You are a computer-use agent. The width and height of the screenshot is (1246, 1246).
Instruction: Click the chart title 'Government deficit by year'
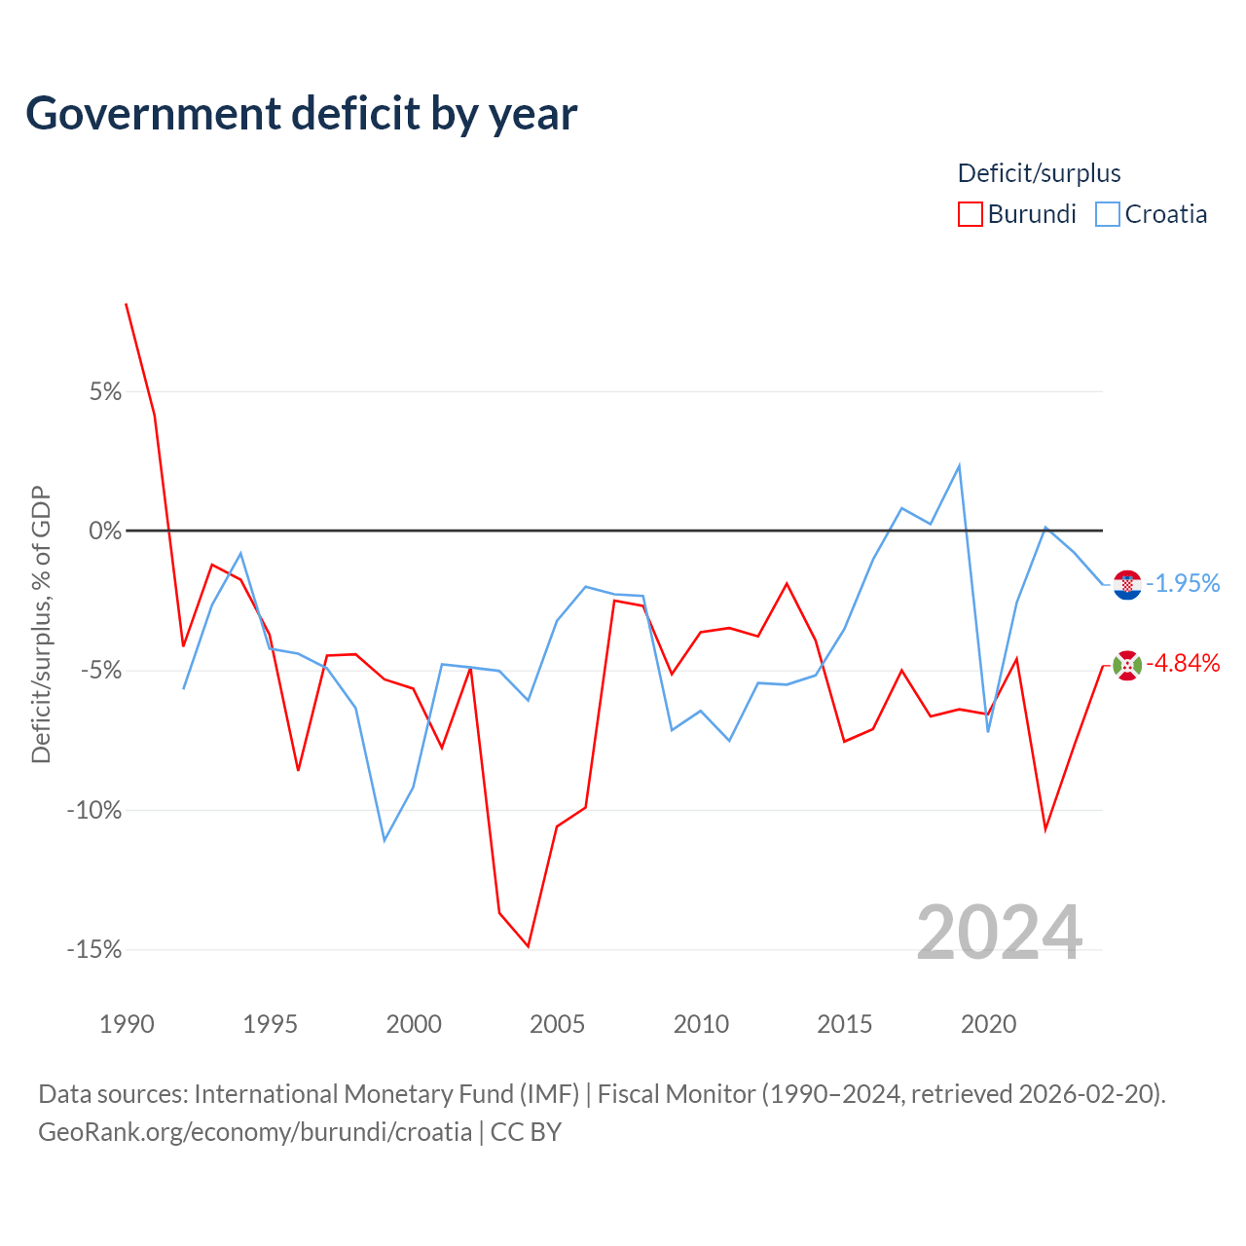point(301,114)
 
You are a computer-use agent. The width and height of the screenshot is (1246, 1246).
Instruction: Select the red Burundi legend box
point(970,214)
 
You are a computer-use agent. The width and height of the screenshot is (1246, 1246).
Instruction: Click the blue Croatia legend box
point(1107,214)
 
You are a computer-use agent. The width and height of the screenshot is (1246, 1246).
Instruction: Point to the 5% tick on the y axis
point(105,392)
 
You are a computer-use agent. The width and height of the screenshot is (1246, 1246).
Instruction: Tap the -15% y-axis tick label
point(94,949)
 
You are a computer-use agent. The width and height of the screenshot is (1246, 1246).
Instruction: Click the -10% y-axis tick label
point(94,810)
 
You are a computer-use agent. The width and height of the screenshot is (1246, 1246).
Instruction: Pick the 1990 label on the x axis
point(127,1024)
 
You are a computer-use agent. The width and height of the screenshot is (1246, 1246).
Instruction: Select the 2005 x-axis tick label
point(558,1024)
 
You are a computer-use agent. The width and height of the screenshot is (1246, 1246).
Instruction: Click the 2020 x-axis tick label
point(988,1024)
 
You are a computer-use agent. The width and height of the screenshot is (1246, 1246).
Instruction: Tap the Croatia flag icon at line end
point(1127,584)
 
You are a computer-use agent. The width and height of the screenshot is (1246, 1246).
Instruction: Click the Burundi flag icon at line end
point(1127,666)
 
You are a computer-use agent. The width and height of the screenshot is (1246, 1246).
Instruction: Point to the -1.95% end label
point(1183,583)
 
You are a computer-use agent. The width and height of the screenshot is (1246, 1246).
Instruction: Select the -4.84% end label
point(1183,664)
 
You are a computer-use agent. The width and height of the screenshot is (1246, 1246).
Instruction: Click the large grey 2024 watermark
point(999,933)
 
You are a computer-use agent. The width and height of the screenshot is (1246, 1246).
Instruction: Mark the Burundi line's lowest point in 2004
point(529,946)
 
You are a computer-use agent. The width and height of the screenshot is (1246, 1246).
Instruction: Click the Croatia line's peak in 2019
point(959,465)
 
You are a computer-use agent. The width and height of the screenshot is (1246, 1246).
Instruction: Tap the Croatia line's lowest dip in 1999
point(385,841)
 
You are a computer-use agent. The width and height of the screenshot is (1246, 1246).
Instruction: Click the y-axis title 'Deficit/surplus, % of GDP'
point(41,625)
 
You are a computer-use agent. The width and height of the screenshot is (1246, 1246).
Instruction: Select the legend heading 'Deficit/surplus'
point(1039,173)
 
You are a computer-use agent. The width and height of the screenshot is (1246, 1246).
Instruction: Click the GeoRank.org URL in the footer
point(255,1132)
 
